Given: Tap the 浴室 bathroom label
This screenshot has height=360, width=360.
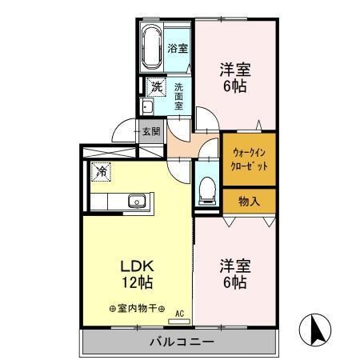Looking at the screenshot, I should click(178, 49).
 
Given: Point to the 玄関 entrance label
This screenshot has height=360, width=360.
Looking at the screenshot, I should click(150, 131).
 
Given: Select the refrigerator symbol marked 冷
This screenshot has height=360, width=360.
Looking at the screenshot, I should click(101, 170).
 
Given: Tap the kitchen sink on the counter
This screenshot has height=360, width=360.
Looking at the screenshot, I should click(135, 201).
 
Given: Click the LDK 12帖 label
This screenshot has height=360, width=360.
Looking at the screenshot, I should click(137, 274).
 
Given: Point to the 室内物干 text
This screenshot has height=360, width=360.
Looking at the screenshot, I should click(137, 309).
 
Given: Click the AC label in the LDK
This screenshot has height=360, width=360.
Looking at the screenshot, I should click(179, 314).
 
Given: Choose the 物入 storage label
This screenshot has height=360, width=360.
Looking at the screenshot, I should click(249, 201).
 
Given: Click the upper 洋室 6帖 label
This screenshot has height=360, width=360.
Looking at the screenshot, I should click(235, 77).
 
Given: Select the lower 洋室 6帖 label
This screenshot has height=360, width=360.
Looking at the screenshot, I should click(235, 274).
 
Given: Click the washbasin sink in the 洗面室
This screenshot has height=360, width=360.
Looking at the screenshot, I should click(147, 106).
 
